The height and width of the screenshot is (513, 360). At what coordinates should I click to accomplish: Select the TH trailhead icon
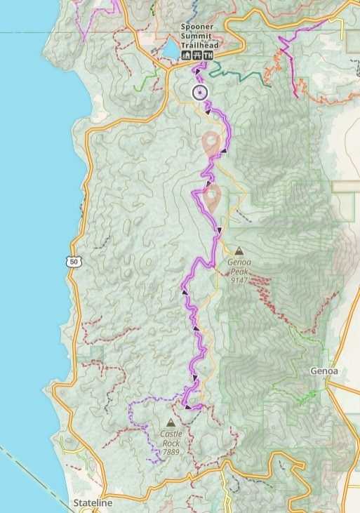tap(209, 55)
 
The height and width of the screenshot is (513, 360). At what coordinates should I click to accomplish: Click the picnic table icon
tap(197, 55)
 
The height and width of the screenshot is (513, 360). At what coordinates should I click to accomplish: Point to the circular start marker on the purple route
tap(200, 93)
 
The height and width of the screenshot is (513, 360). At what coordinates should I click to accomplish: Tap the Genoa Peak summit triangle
tap(239, 250)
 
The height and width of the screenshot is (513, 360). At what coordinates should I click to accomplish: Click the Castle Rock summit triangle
tap(171, 423)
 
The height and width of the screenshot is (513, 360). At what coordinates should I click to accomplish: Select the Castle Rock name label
tap(171, 439)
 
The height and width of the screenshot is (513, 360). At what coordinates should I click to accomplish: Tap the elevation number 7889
tap(171, 453)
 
